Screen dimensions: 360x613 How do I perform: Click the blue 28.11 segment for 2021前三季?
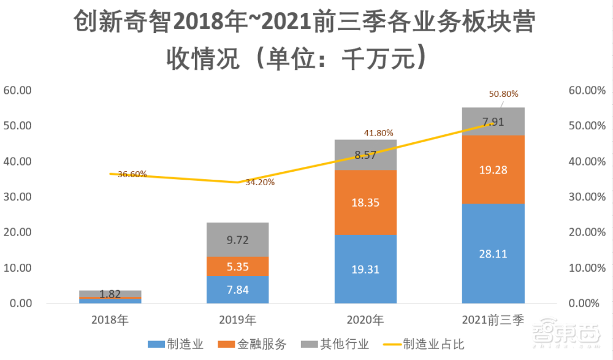tap(493, 253)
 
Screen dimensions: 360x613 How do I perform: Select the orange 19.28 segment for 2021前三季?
tap(493, 169)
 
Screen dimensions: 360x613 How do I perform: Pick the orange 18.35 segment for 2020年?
tap(365, 203)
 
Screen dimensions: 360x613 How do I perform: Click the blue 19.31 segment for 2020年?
tap(365, 269)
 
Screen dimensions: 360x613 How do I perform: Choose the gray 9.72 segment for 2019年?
tap(238, 240)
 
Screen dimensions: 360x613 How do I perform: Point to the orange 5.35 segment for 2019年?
tap(238, 266)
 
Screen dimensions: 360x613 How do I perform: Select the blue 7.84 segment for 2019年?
tap(238, 289)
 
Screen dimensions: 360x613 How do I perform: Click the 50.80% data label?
tap(503, 94)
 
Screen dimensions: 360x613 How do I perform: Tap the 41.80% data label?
tap(378, 132)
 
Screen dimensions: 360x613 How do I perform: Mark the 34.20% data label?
tap(259, 182)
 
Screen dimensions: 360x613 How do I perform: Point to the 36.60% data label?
tap(132, 174)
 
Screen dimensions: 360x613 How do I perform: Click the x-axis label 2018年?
tap(110, 320)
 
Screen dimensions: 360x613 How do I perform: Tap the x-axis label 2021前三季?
tap(493, 320)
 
